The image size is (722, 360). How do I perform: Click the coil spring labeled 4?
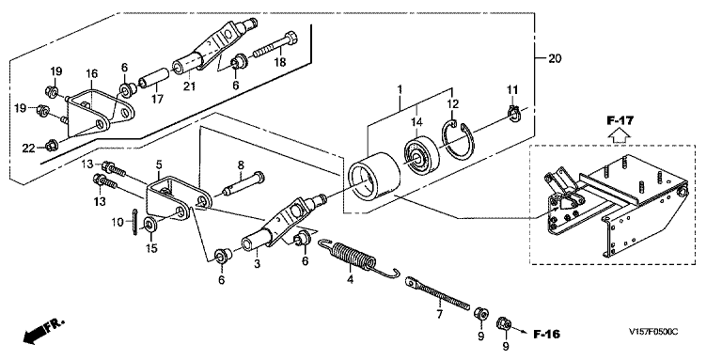coord(357,257)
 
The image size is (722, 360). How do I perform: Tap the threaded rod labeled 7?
coord(436,292)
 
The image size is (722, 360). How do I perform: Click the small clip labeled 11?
coord(513,113)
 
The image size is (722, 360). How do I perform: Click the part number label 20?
coord(556,58)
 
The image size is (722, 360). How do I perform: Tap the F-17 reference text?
coord(620,121)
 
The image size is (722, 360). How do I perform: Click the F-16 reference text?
coord(547,335)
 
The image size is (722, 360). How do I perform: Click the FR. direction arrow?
coord(43,331)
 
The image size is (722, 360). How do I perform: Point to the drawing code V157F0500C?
coord(654,332)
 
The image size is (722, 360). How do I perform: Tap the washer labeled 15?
coord(149,225)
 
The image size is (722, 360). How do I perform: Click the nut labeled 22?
coord(50,147)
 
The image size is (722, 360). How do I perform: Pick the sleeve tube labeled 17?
coord(154,77)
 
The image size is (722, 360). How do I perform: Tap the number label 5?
coord(159,164)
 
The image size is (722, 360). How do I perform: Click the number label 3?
coord(258,264)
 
